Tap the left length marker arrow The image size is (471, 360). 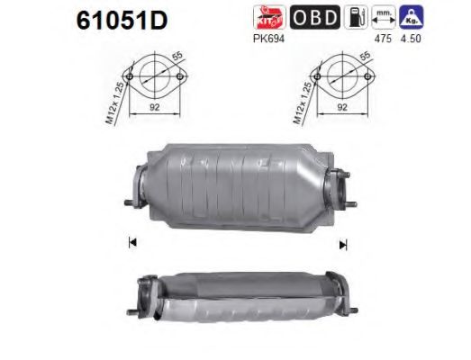click(132, 241)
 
